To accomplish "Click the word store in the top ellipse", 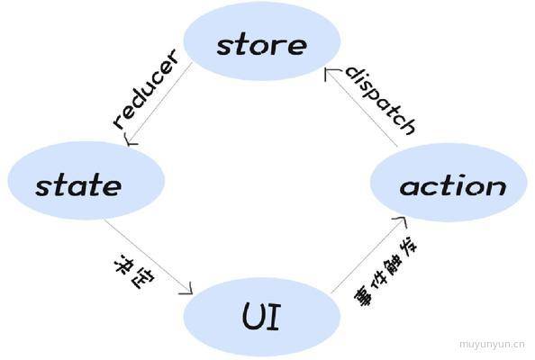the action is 262,45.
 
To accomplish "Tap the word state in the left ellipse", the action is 78,185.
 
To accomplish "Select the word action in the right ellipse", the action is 453,186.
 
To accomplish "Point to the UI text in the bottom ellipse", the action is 261,317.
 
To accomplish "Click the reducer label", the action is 146,89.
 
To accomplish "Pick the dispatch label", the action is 381,101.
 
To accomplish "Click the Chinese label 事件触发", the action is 385,270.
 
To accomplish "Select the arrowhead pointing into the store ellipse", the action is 331,74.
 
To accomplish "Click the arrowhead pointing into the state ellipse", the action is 131,140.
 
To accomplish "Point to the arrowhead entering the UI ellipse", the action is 187,288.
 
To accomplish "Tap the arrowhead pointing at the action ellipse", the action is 402,220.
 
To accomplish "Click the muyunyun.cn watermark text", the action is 492,344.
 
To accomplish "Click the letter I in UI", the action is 275,317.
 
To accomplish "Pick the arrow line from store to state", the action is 159,103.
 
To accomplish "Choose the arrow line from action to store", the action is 362,107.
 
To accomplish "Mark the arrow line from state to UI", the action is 149,256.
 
